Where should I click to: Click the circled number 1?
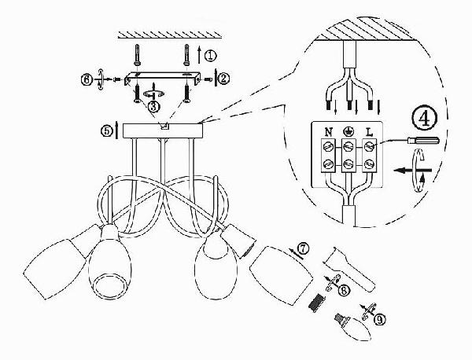coord(210,56)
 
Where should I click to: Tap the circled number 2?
coord(223,79)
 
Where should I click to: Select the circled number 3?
coord(153,106)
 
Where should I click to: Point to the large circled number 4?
coord(424,118)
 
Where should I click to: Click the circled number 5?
coord(106,131)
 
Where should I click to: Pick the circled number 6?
coord(87,80)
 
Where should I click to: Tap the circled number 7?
coord(303,249)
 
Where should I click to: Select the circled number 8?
coord(344,290)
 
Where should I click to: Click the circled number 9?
coord(379,319)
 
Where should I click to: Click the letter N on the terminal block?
coord(329,132)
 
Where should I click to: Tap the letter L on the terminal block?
coord(369,132)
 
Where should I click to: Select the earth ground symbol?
coord(348,131)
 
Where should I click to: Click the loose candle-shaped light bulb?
coord(352,327)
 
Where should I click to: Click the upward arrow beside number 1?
coord(199,54)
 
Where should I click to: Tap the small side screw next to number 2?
coord(208,79)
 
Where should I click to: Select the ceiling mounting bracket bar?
coord(163,78)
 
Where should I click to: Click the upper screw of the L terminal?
coord(369,146)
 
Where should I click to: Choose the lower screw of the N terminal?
coord(328,164)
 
